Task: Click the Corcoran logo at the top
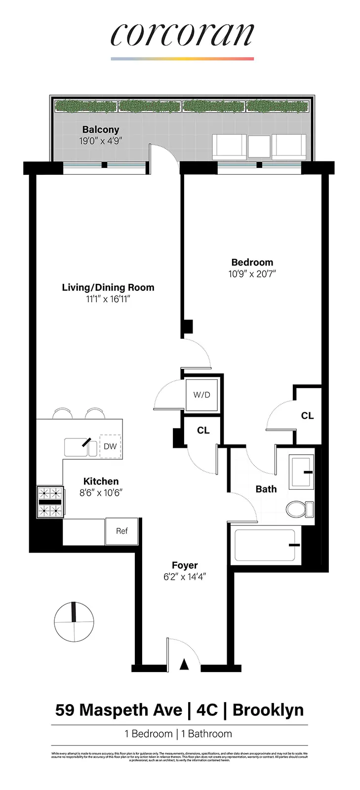point(182,35)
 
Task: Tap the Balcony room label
point(101,130)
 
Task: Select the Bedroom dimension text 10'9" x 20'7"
point(252,274)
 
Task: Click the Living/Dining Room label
point(108,287)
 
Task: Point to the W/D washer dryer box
point(201,395)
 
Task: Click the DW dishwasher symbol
point(110,446)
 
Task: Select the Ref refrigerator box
point(121,531)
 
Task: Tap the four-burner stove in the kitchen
point(50,502)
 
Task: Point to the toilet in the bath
point(299,509)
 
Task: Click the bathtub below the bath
point(265,545)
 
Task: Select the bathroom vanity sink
point(301,472)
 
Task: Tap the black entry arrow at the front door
point(184,665)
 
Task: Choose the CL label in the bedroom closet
point(307,416)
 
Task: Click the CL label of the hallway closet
point(203,431)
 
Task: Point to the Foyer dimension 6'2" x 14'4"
point(185,577)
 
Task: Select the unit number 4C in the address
point(207,710)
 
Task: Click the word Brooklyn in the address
point(268,710)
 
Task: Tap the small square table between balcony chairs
point(259,147)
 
